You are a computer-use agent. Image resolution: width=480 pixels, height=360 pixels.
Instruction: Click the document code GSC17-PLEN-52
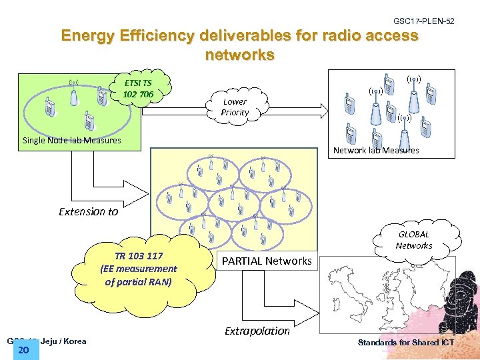[424, 22]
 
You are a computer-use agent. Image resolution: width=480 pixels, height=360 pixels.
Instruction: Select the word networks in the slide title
[240, 55]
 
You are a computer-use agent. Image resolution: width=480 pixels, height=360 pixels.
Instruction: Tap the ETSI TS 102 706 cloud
[139, 89]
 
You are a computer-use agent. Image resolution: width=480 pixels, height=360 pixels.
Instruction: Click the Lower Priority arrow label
[235, 107]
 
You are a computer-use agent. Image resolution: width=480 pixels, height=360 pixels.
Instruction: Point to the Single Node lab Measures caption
[71, 141]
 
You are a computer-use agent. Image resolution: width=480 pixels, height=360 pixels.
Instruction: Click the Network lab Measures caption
[375, 150]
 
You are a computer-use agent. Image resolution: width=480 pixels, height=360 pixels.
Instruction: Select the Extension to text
[88, 211]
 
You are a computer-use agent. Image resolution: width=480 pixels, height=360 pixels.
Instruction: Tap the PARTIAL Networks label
[267, 261]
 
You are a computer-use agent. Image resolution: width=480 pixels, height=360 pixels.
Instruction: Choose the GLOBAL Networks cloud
[414, 240]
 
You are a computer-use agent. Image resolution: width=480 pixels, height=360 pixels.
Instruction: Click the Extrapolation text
[257, 331]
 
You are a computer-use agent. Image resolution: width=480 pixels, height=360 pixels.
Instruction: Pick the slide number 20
[25, 351]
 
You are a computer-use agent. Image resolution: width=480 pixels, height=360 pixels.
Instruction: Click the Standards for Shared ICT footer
[406, 343]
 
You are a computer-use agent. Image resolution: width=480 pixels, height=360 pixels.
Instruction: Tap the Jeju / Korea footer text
[64, 341]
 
